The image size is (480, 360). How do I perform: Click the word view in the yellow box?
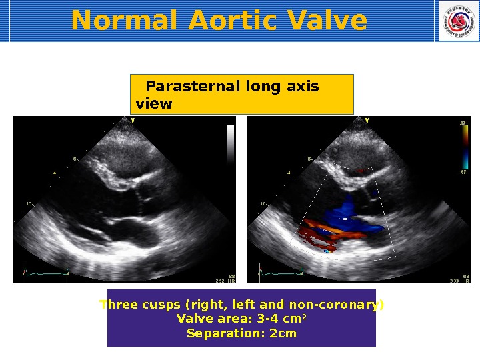click(x=153, y=104)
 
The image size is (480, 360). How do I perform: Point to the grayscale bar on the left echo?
click(x=231, y=143)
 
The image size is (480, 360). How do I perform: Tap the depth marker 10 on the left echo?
click(x=29, y=203)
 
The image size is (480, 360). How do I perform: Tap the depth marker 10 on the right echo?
click(x=263, y=203)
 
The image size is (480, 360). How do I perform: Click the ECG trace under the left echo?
click(x=47, y=272)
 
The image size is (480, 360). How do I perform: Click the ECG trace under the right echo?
click(x=280, y=272)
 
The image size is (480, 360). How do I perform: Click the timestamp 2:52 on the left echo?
click(x=220, y=281)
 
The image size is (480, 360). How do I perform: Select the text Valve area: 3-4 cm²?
click(x=241, y=319)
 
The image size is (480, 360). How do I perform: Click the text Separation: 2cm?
click(x=241, y=333)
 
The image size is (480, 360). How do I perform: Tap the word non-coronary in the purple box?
click(x=345, y=305)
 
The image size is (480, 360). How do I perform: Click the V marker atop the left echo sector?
click(x=133, y=120)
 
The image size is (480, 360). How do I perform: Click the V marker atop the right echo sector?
click(x=367, y=120)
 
